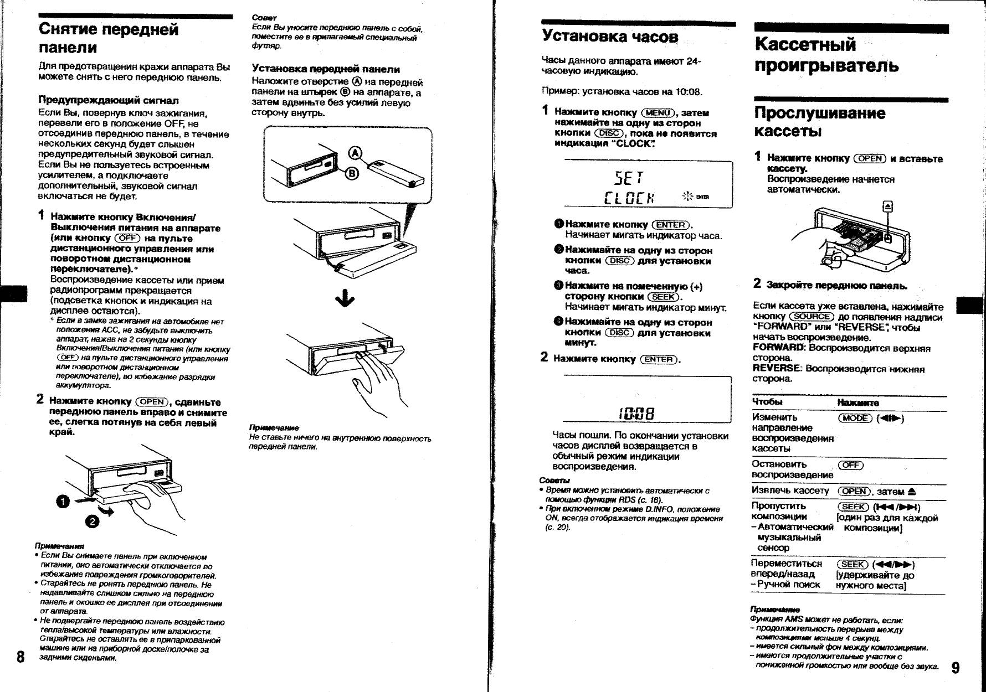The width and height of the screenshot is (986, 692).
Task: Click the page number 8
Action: (20, 657)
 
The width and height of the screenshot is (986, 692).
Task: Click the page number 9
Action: (956, 667)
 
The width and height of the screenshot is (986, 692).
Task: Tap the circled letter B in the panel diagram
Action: (352, 174)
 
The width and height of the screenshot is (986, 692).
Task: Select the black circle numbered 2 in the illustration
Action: (92, 521)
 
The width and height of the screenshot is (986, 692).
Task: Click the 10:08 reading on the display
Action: (636, 414)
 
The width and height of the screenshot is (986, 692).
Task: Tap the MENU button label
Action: (658, 112)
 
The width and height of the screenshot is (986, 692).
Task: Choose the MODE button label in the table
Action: (855, 418)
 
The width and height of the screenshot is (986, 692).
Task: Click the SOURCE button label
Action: (812, 317)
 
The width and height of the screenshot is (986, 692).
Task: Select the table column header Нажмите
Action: (858, 402)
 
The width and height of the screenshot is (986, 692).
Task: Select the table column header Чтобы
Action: (767, 401)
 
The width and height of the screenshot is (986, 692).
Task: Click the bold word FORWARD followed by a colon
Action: (779, 348)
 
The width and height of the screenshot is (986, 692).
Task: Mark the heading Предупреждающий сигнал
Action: (109, 100)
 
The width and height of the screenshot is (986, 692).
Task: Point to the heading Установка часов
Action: (610, 37)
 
